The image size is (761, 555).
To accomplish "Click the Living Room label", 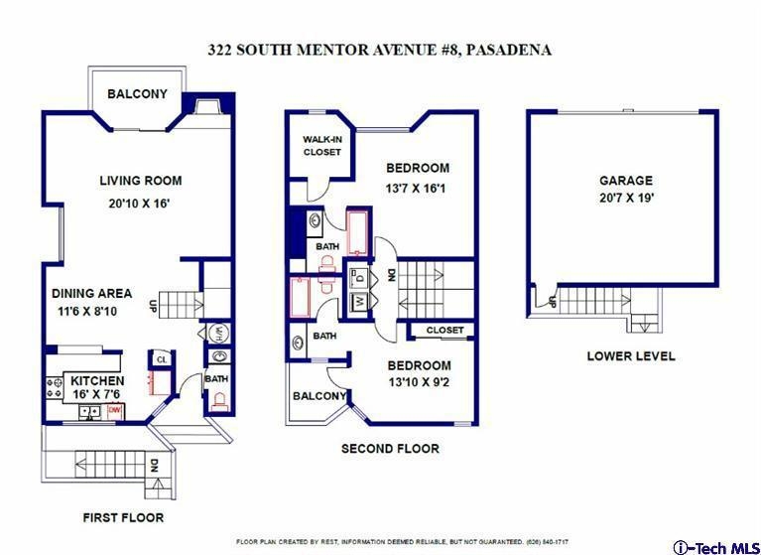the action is pyautogui.click(x=141, y=181).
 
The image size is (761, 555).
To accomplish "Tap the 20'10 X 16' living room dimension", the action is pyautogui.click(x=139, y=204).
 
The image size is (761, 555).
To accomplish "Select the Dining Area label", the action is pyautogui.click(x=91, y=293).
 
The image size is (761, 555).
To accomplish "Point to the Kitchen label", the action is pyautogui.click(x=97, y=380).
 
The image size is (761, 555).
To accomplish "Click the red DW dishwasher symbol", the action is pyautogui.click(x=114, y=411).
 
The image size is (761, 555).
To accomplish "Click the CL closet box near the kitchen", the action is pyautogui.click(x=161, y=359).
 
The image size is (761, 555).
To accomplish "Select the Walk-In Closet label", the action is pyautogui.click(x=322, y=146).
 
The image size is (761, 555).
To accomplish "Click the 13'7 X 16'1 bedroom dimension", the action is pyautogui.click(x=416, y=188).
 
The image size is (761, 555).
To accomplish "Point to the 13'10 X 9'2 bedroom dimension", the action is pyautogui.click(x=419, y=382).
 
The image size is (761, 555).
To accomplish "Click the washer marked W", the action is pyautogui.click(x=360, y=302).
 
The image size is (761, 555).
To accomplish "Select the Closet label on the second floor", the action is pyautogui.click(x=445, y=331).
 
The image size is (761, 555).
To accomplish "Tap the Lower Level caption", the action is pyautogui.click(x=630, y=355).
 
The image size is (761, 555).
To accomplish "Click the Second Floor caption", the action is pyautogui.click(x=390, y=448).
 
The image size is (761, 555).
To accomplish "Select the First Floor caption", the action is pyautogui.click(x=123, y=517).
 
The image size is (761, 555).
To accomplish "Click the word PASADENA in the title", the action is pyautogui.click(x=508, y=50).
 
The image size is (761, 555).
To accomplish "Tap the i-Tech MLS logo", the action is pyautogui.click(x=716, y=548).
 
